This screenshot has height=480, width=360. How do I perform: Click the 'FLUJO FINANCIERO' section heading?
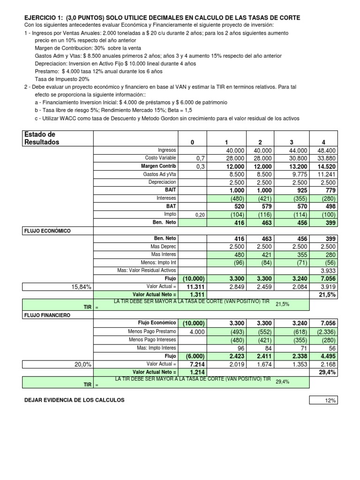(47, 315)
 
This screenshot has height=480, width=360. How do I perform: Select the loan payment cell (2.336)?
(322, 331)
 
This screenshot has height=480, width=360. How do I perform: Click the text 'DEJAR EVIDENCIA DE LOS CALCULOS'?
(74, 400)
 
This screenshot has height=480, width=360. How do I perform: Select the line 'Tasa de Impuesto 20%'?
(62, 79)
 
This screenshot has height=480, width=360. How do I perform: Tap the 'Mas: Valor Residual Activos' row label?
(147, 270)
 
